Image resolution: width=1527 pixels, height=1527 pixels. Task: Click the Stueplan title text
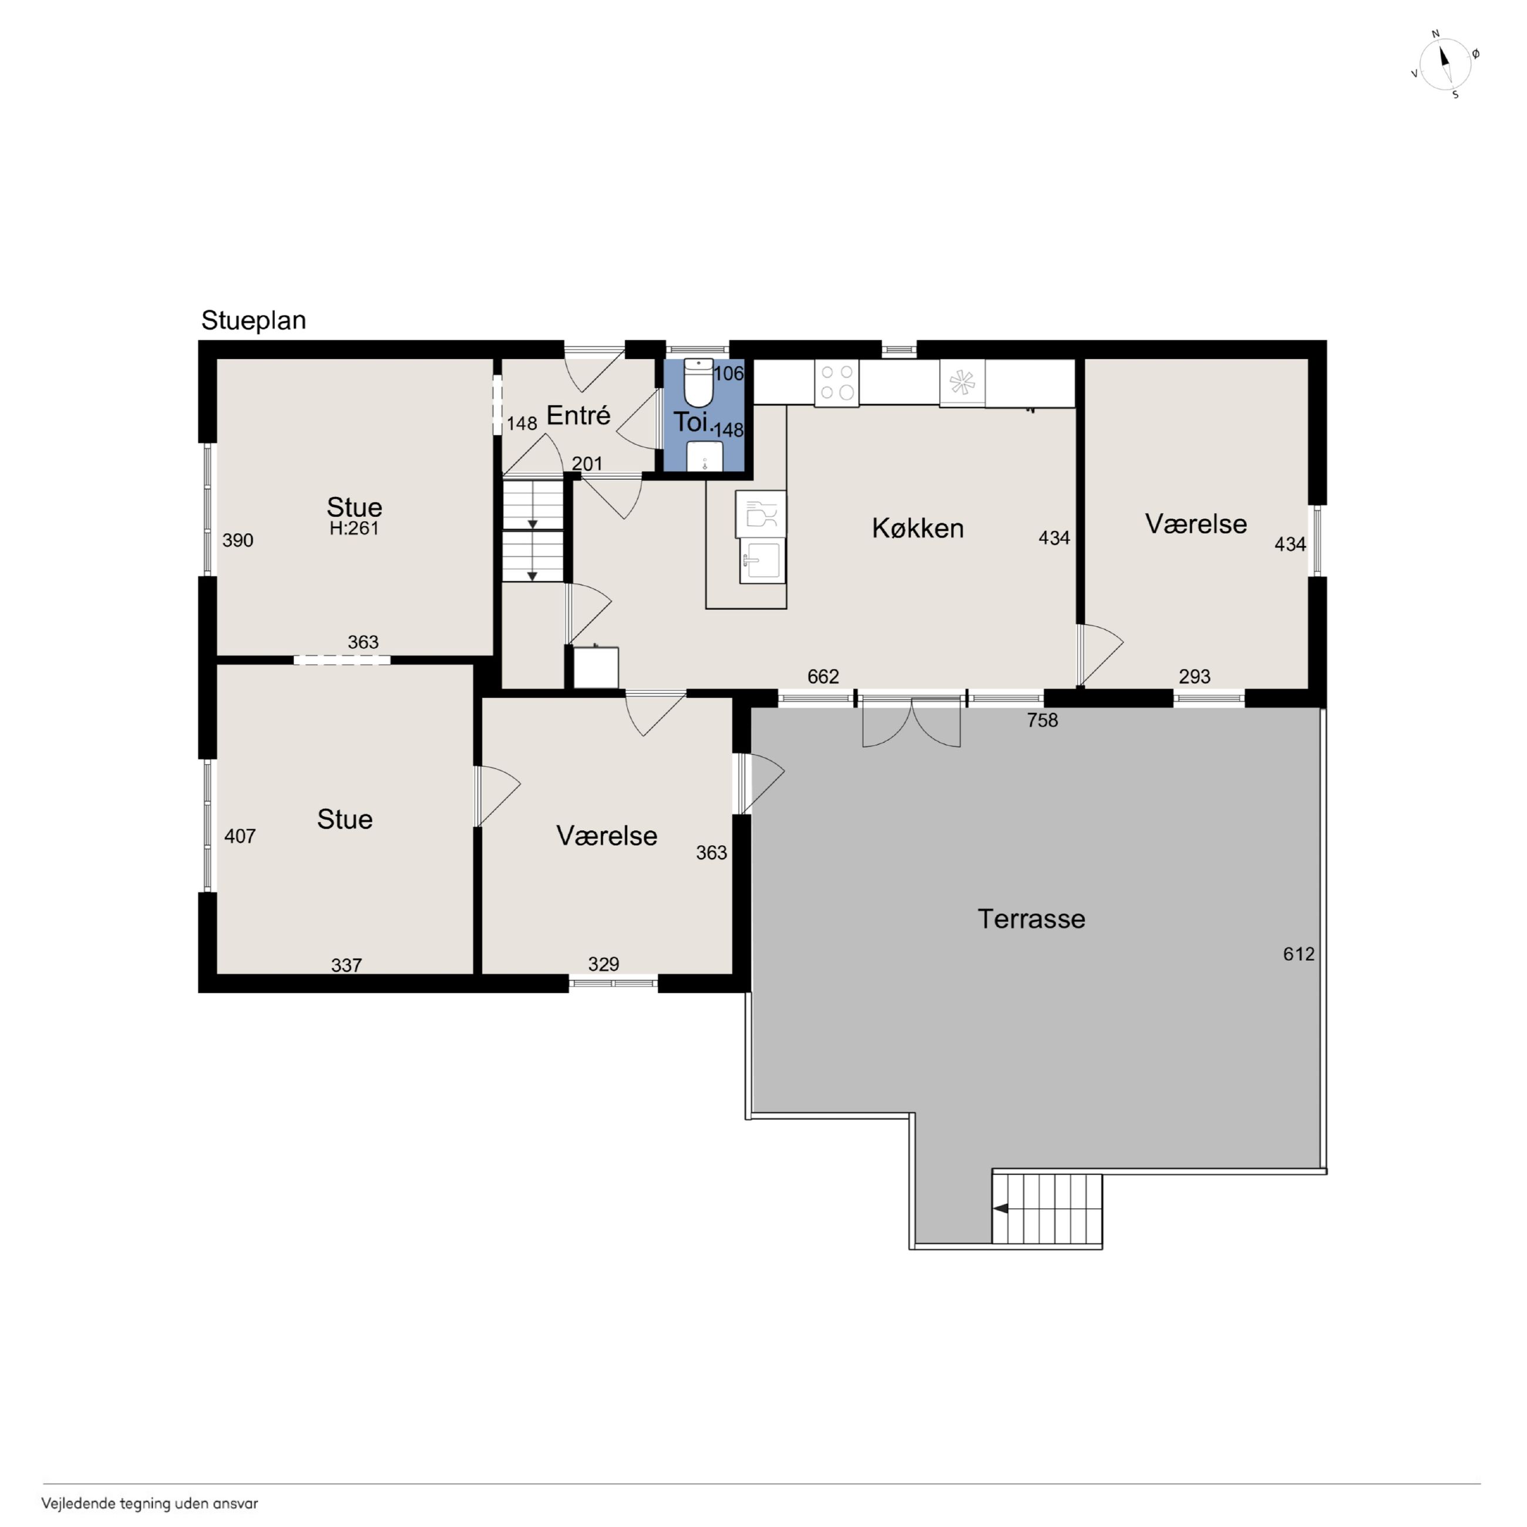(x=253, y=320)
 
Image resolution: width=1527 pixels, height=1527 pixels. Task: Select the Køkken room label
(x=917, y=528)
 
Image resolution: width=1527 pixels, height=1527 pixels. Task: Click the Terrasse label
(x=1031, y=919)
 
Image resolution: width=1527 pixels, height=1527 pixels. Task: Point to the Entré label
(x=578, y=415)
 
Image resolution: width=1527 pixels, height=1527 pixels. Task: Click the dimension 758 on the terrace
(x=1042, y=720)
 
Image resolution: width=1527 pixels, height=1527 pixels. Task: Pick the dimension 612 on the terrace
(x=1299, y=954)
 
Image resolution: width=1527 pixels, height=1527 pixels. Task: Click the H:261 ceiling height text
(x=354, y=528)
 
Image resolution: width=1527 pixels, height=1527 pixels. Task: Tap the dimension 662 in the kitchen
(x=823, y=677)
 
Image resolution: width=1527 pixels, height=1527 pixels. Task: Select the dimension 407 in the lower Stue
(x=240, y=836)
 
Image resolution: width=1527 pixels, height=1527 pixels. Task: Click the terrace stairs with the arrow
(x=1047, y=1209)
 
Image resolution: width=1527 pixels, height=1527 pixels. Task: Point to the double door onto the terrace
(x=912, y=722)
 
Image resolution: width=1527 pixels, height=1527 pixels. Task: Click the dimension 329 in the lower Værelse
(x=603, y=964)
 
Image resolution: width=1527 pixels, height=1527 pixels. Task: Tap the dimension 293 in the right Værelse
(x=1194, y=677)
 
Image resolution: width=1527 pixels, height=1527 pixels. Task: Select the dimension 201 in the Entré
(x=587, y=464)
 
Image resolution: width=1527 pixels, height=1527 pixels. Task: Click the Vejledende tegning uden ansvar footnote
(x=150, y=1504)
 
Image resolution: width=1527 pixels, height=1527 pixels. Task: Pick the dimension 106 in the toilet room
(x=729, y=374)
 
